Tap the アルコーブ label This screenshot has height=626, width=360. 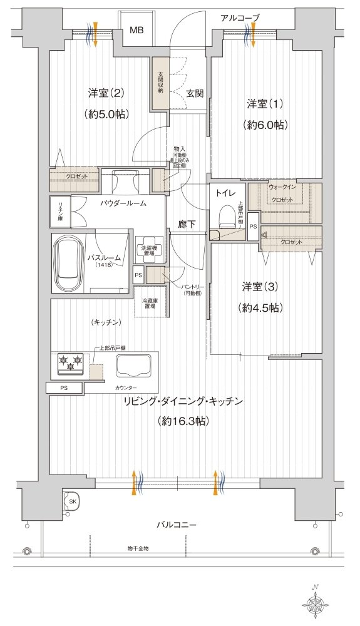pos(240,18)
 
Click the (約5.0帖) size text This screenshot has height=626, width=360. pos(105,115)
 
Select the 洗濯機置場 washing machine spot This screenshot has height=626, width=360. pos(149,249)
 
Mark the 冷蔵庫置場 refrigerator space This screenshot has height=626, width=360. pos(150,302)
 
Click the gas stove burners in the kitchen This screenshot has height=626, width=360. pos(70,361)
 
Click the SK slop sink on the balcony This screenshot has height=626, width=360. pos(73,501)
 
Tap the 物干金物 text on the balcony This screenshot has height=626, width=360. pos(137,548)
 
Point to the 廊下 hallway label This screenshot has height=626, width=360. pos(187,223)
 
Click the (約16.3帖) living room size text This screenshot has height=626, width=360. pos(184,421)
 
